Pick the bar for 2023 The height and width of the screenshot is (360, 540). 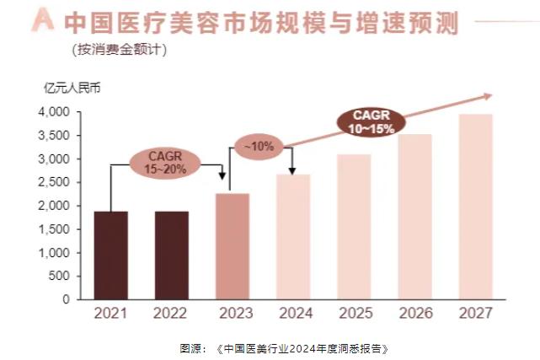point(233,246)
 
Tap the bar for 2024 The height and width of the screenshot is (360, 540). point(293,237)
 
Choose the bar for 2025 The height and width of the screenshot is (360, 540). point(354,227)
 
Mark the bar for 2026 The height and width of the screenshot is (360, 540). point(414,217)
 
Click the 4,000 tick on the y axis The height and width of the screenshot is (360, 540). point(54,112)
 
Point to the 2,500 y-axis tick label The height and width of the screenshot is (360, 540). point(54,182)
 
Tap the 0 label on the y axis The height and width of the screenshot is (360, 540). point(65,299)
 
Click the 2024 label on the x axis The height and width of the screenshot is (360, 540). point(293,314)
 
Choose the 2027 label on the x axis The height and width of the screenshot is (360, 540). point(475,314)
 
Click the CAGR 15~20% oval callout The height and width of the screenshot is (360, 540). point(165,163)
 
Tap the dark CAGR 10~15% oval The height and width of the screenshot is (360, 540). point(368,122)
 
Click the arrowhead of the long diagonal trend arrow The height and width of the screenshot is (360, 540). point(488,96)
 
